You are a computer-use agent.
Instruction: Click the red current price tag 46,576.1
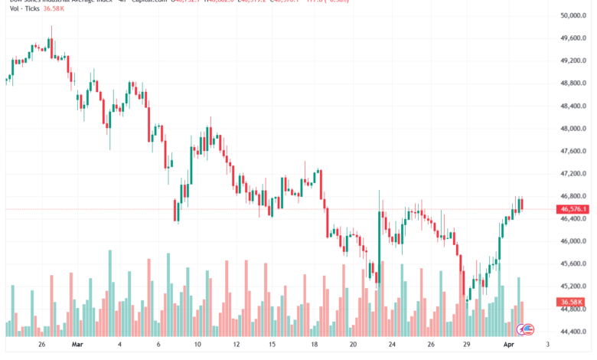tap(573, 209)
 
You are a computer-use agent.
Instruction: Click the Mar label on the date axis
tap(77, 345)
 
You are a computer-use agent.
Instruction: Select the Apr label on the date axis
tap(508, 345)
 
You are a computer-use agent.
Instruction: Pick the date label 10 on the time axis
tap(197, 345)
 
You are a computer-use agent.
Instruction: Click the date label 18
tap(315, 345)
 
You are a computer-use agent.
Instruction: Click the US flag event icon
tap(522, 329)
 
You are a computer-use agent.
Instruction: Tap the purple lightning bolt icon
tap(529, 329)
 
